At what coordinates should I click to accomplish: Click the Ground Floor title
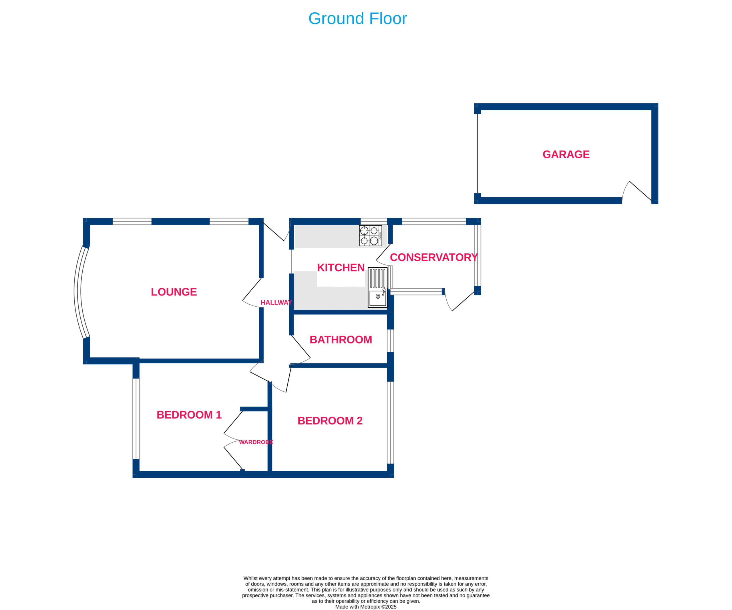coord(357,19)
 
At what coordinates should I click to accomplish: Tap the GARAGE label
coord(566,154)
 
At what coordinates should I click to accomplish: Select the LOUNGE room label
coord(174,292)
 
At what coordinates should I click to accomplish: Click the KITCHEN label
coord(341,267)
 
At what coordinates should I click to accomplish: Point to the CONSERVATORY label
coord(433,257)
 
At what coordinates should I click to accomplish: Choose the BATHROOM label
coord(341,340)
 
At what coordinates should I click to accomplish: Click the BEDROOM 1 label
coord(189,415)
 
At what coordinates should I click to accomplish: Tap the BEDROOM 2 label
coord(330,421)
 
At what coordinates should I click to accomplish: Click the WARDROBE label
coord(256,442)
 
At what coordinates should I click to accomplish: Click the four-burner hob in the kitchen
coord(370,235)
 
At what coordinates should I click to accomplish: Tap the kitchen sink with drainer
coord(377,287)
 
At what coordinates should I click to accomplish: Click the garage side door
coord(636,192)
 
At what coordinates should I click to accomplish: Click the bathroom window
coord(390,341)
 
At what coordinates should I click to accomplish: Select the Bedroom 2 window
coord(390,423)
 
